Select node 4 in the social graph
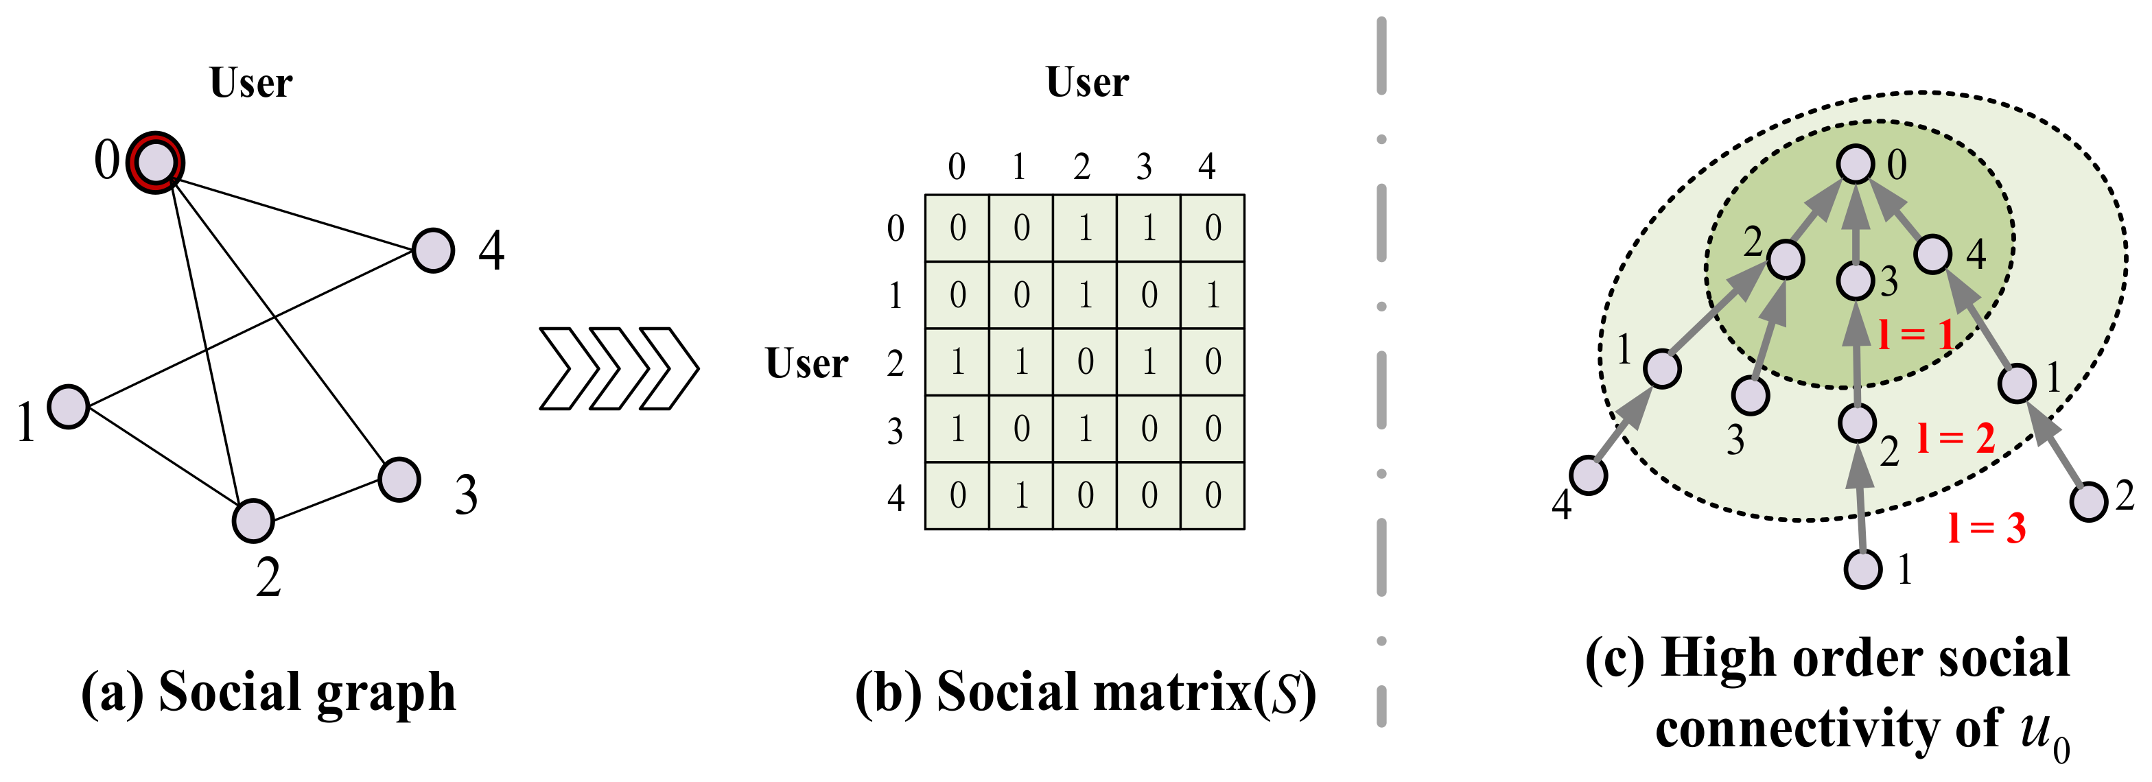pyautogui.click(x=433, y=250)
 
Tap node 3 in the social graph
pyautogui.click(x=399, y=479)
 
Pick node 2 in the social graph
pyautogui.click(x=253, y=521)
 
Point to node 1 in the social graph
pyautogui.click(x=69, y=407)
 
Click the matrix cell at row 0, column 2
pyautogui.click(x=1084, y=228)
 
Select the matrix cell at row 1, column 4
pyautogui.click(x=1212, y=295)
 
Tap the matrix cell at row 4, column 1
pyautogui.click(x=1021, y=495)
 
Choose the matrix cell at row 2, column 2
pyautogui.click(x=1084, y=362)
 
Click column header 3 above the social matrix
pyautogui.click(x=1144, y=167)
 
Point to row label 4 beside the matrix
pyautogui.click(x=896, y=498)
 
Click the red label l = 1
pyautogui.click(x=1915, y=334)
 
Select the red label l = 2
pyautogui.click(x=1956, y=438)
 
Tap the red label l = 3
pyautogui.click(x=1986, y=528)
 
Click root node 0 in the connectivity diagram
pyautogui.click(x=1856, y=164)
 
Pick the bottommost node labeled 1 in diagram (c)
pyautogui.click(x=1863, y=570)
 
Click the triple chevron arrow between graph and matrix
pyautogui.click(x=618, y=368)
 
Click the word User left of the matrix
pyautogui.click(x=806, y=364)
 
